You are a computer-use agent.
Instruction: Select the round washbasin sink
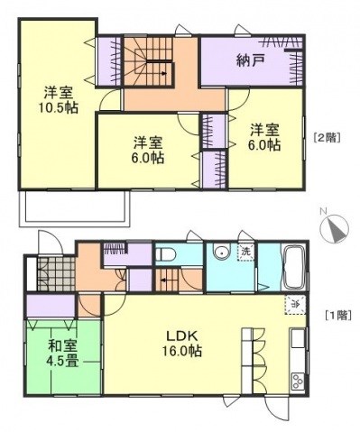tap(220, 253)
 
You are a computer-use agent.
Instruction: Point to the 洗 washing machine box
tap(245, 253)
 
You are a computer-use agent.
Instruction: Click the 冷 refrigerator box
tap(293, 304)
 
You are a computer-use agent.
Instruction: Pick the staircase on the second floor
tap(149, 63)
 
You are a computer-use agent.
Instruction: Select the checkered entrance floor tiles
tap(57, 271)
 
